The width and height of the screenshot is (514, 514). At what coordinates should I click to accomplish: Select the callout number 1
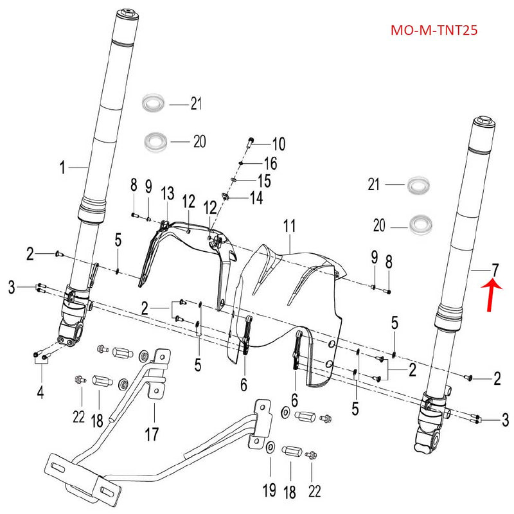click(63, 168)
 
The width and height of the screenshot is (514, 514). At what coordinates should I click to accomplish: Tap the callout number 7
click(495, 269)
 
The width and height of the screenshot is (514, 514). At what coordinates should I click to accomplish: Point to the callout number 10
click(278, 143)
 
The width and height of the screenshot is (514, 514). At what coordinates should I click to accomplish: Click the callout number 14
click(256, 198)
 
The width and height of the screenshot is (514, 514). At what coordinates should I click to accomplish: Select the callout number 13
click(167, 193)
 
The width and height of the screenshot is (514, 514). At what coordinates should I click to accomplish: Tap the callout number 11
click(289, 226)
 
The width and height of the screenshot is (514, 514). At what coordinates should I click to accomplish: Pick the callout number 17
click(151, 434)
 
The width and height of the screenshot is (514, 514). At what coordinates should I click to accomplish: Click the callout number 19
click(270, 492)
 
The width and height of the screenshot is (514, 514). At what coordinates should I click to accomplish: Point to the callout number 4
click(40, 391)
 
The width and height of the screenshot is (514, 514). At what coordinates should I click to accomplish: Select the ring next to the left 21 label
click(154, 102)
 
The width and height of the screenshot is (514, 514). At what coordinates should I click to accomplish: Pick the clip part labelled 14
click(226, 197)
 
